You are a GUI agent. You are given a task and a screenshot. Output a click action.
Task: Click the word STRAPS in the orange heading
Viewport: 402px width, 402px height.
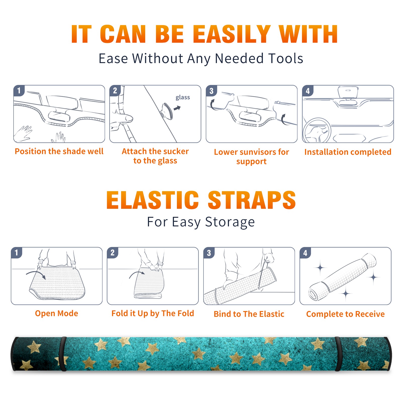252,200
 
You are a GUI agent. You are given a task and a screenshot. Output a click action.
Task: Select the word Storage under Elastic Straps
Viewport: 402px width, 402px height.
230,222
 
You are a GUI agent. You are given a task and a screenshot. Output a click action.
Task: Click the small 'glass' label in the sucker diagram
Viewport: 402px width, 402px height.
183,97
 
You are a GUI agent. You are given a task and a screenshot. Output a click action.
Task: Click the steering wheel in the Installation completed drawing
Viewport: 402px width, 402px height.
317,130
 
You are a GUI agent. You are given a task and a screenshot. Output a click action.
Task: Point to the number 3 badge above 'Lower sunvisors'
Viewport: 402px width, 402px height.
211,91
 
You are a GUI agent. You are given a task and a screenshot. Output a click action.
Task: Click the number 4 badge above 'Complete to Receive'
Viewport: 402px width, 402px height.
305,253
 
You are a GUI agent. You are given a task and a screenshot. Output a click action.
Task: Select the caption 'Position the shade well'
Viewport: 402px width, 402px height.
59,151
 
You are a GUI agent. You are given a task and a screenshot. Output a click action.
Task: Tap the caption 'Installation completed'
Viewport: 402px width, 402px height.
348,152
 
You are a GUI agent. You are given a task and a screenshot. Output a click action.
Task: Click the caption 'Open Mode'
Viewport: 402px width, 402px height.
57,313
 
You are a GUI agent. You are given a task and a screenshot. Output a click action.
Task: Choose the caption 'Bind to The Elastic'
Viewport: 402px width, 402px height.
249,314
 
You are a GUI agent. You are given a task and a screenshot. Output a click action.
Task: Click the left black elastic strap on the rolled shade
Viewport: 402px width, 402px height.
63,354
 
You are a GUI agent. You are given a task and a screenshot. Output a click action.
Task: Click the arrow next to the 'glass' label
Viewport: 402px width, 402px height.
177,108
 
